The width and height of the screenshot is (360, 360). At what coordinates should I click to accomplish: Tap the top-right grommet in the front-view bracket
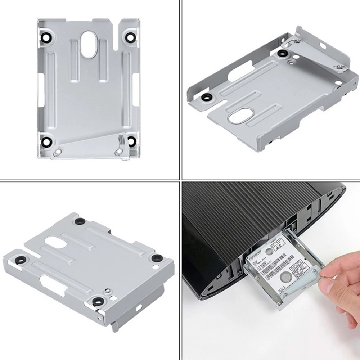tap(130, 37)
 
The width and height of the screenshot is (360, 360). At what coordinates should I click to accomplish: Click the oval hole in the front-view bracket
tap(89, 45)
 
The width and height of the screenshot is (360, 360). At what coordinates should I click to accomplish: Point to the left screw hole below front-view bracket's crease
tap(56, 153)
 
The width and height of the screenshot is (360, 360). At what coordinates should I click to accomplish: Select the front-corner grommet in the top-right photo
tap(206, 97)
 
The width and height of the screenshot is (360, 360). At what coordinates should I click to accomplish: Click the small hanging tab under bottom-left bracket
tap(115, 326)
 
